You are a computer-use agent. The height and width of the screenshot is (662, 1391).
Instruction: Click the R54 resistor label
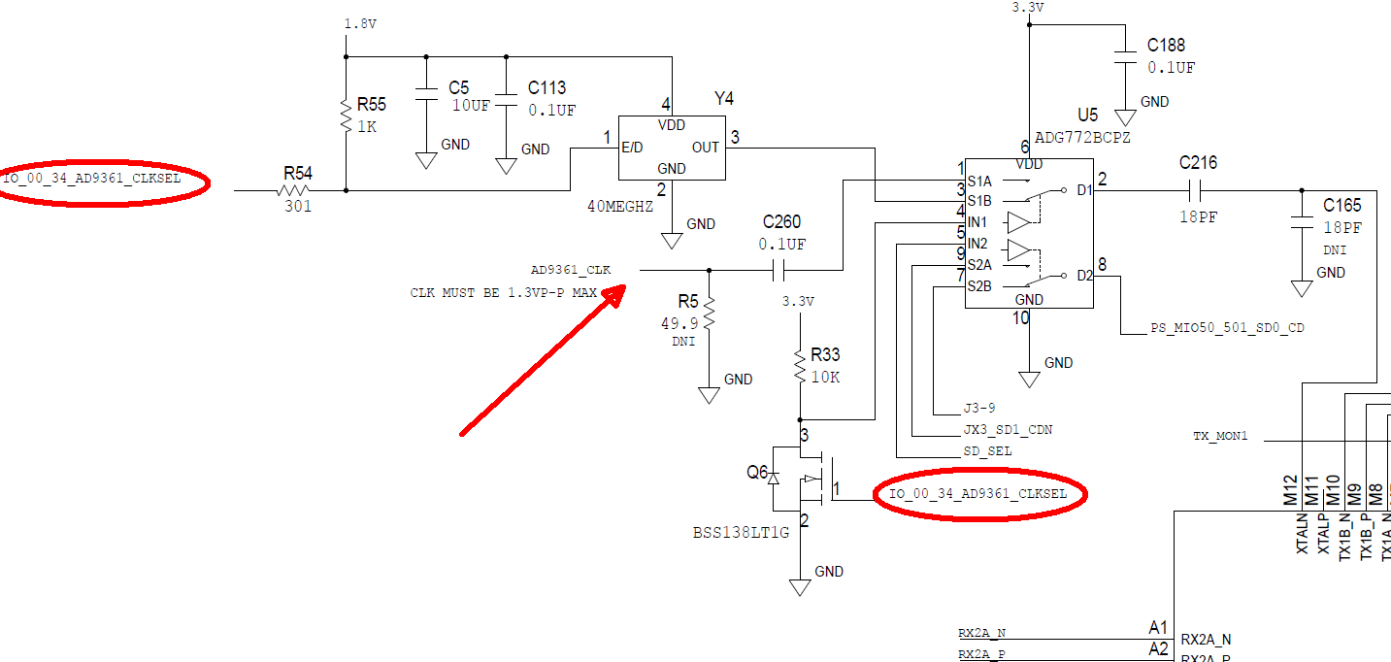297,173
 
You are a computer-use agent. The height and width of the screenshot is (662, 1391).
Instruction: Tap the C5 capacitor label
459,87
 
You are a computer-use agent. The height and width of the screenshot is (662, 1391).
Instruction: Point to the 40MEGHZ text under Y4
620,206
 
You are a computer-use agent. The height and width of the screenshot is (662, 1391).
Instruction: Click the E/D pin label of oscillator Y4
632,148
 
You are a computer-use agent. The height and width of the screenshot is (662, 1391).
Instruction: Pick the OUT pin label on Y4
706,148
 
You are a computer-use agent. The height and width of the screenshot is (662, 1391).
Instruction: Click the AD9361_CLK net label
571,270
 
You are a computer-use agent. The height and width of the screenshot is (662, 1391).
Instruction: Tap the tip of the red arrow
625,286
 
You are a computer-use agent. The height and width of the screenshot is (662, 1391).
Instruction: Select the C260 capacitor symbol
778,270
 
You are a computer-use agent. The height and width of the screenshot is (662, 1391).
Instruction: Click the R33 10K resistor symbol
800,366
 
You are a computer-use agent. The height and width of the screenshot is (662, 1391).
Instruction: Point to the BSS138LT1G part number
741,532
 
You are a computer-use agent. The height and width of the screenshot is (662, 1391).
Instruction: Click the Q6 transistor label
757,472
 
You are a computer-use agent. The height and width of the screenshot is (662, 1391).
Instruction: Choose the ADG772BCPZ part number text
1082,137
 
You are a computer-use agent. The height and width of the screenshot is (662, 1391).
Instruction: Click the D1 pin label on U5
1084,190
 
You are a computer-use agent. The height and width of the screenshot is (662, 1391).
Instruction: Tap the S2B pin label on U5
979,286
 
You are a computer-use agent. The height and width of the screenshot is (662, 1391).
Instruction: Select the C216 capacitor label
1198,163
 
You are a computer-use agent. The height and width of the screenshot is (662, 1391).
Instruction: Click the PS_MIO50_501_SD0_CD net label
1227,327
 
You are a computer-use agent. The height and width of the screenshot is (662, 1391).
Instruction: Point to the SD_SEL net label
987,450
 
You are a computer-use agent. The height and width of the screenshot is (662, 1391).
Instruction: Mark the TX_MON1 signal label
1220,436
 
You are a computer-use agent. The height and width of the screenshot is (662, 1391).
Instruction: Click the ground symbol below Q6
800,587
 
